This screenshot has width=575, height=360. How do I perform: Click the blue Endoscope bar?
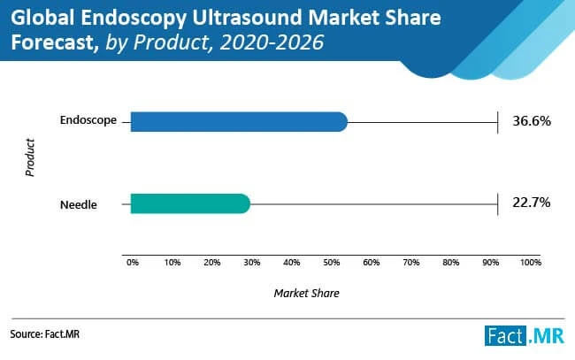[x=238, y=121]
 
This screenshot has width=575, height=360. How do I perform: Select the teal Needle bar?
[x=189, y=204]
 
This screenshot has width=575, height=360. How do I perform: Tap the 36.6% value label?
[x=532, y=121]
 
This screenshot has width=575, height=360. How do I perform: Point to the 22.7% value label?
[x=532, y=203]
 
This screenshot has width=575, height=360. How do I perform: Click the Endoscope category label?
[x=88, y=120]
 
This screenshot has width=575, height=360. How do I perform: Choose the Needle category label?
[x=78, y=204]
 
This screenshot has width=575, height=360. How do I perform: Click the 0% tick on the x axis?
[x=133, y=263]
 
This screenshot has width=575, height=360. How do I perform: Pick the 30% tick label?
[x=252, y=263]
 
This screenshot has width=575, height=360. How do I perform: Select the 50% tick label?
[x=332, y=263]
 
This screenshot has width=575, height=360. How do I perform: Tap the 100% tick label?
[x=530, y=263]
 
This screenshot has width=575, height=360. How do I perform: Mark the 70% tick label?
[x=411, y=263]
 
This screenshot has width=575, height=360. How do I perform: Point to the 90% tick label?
[x=491, y=263]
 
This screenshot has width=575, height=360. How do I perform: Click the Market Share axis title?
[x=306, y=292]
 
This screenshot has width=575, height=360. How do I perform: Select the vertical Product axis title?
[x=30, y=157]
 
